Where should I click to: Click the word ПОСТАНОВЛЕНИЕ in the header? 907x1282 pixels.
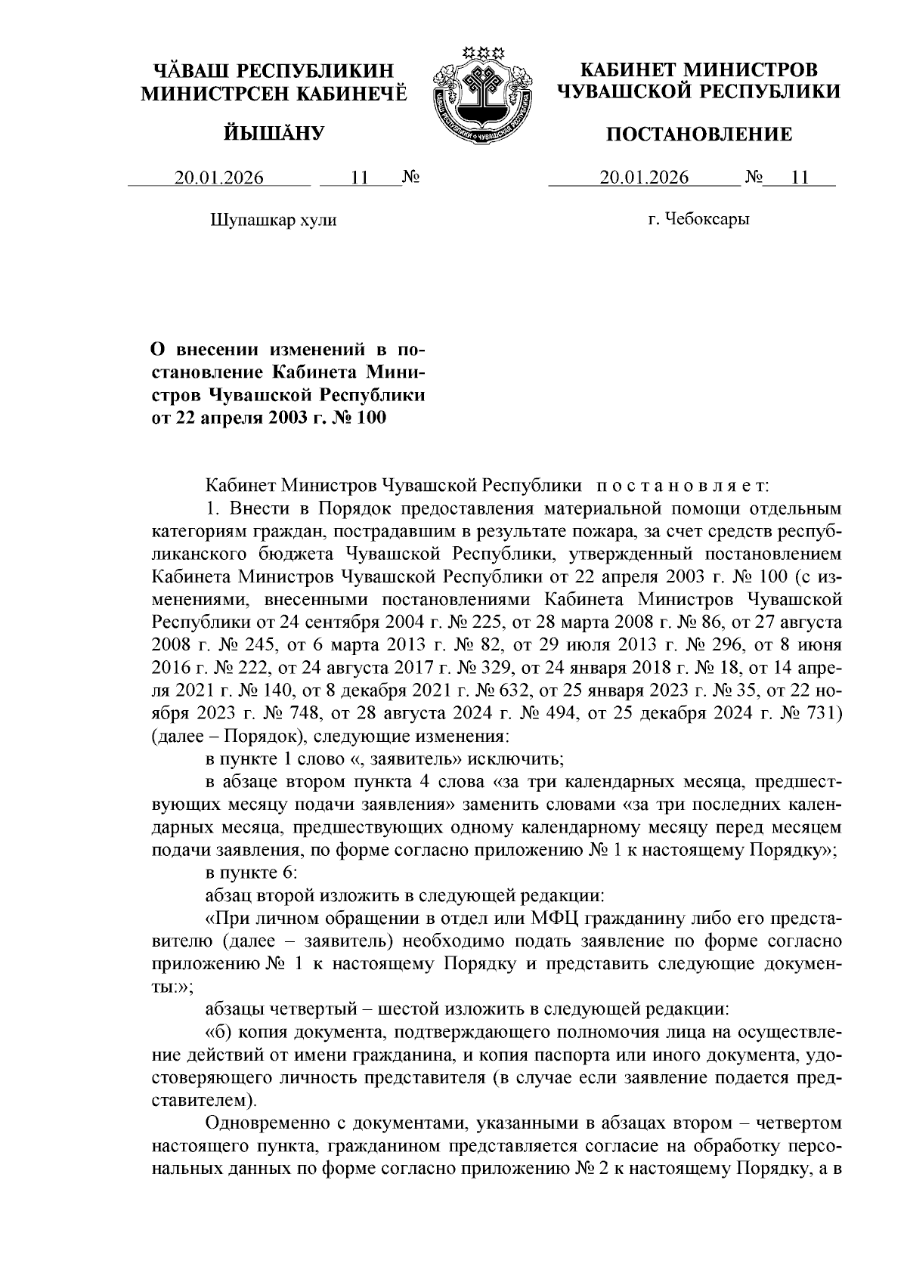[700, 134]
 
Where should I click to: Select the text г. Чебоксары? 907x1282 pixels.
[698, 220]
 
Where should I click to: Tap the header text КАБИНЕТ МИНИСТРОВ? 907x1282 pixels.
[698, 70]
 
